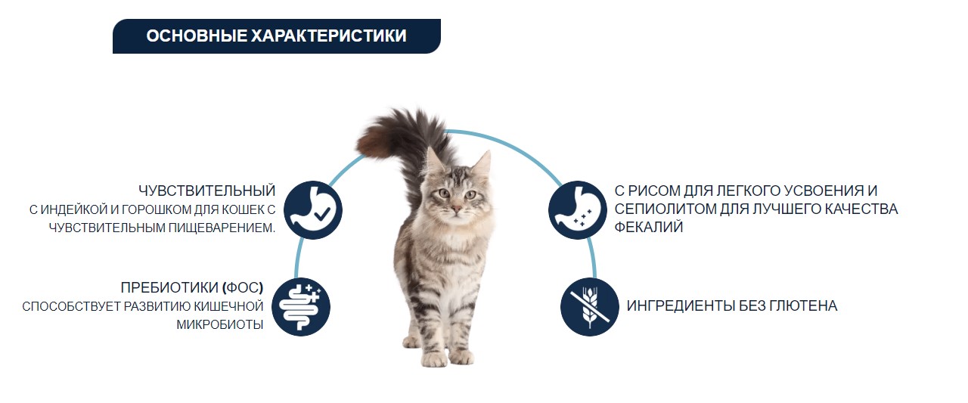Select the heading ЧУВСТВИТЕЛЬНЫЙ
pyautogui.click(x=207, y=191)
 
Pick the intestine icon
pyautogui.click(x=301, y=306)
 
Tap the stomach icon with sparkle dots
pyautogui.click(x=577, y=209)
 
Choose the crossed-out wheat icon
pyautogui.click(x=590, y=306)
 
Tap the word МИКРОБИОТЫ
pyautogui.click(x=219, y=325)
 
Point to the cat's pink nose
pyautogui.click(x=456, y=207)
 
